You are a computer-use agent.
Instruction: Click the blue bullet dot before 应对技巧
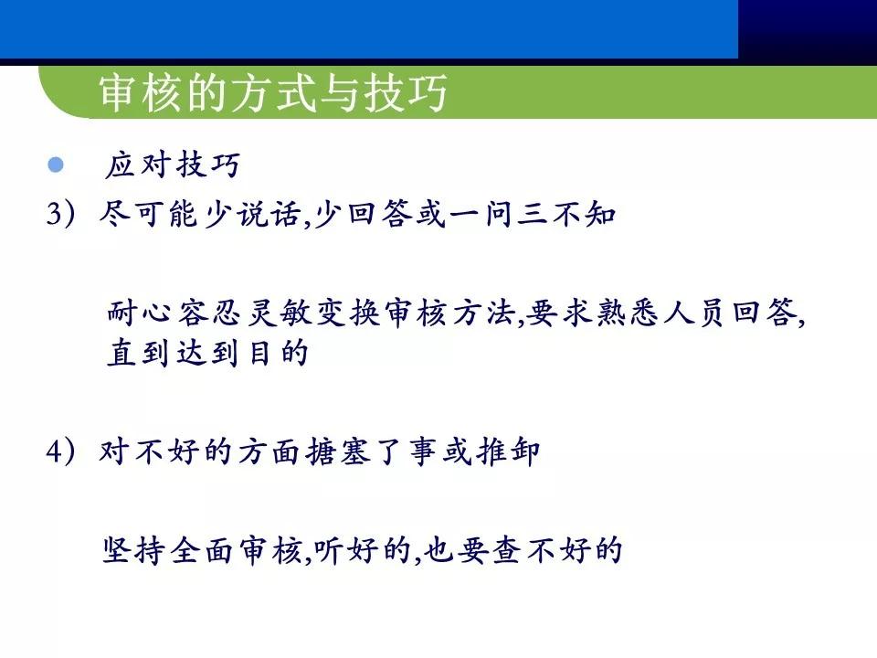[56, 165]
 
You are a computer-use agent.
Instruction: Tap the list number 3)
[66, 216]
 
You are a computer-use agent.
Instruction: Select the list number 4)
[66, 452]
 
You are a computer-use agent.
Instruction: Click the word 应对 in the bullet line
[138, 165]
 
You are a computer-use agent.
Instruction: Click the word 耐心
[139, 313]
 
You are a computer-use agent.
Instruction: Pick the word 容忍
[208, 313]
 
